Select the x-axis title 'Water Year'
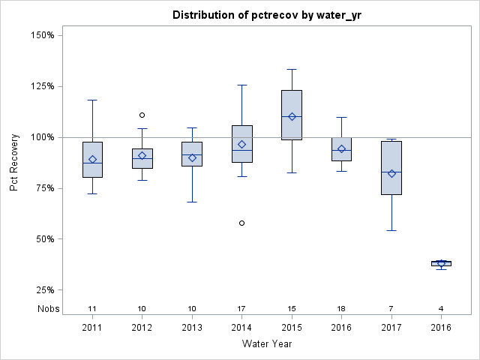(266, 344)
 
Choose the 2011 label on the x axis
(92, 327)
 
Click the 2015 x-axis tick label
(292, 327)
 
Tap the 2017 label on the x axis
(391, 327)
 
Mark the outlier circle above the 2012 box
(142, 115)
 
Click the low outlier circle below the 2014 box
(241, 223)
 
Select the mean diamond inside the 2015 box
(292, 116)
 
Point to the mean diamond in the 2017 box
(391, 173)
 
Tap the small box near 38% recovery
(441, 263)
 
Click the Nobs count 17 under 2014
(241, 309)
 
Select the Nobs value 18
(341, 309)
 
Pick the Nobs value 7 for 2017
(391, 309)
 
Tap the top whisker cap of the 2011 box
(92, 100)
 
